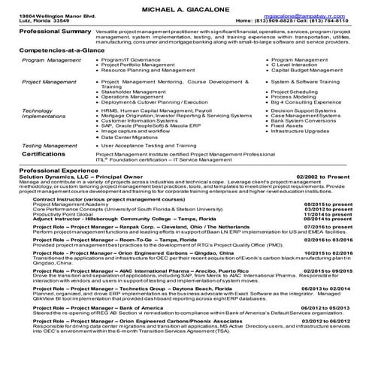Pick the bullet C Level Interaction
click(x=298, y=64)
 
